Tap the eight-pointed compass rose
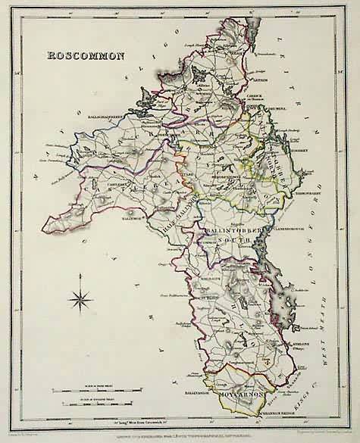tap(79, 300)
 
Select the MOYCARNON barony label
tap(236, 396)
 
